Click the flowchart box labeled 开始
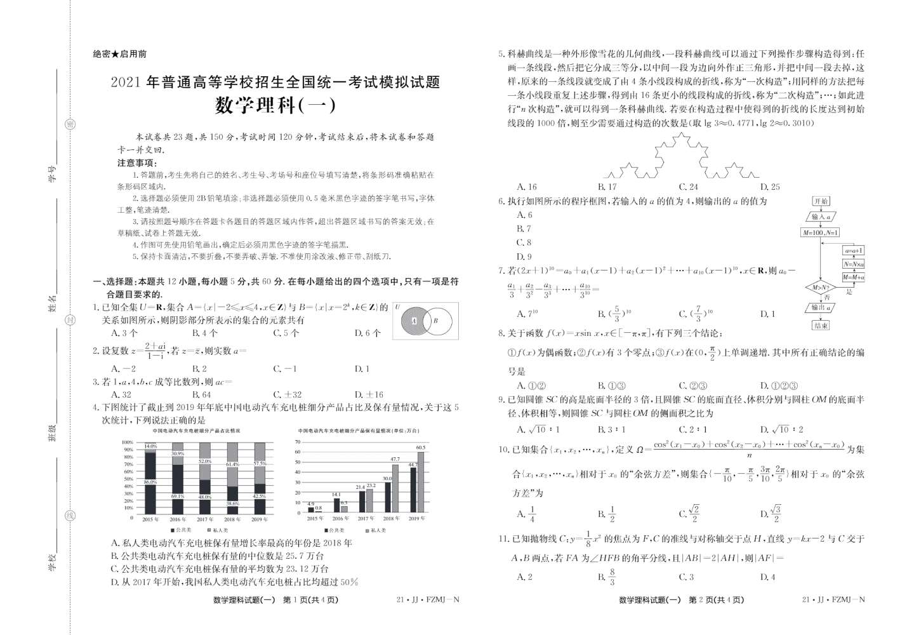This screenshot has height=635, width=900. (821, 201)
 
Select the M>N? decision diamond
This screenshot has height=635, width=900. (820, 288)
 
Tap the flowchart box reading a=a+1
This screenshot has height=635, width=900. (854, 250)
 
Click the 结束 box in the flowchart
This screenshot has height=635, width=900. (821, 325)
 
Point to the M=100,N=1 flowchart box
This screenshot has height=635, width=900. (820, 232)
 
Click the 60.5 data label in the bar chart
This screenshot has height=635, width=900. (421, 448)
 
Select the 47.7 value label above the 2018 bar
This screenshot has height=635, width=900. (395, 459)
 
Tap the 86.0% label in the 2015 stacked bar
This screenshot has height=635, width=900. (150, 483)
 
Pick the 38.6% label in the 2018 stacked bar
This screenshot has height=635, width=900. (232, 503)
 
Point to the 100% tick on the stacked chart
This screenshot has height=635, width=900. (128, 442)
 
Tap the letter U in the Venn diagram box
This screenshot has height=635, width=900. (398, 307)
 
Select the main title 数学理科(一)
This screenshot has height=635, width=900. (275, 105)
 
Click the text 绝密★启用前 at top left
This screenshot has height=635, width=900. (120, 55)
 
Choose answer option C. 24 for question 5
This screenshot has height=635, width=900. (688, 187)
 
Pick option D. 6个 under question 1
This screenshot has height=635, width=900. (367, 333)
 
